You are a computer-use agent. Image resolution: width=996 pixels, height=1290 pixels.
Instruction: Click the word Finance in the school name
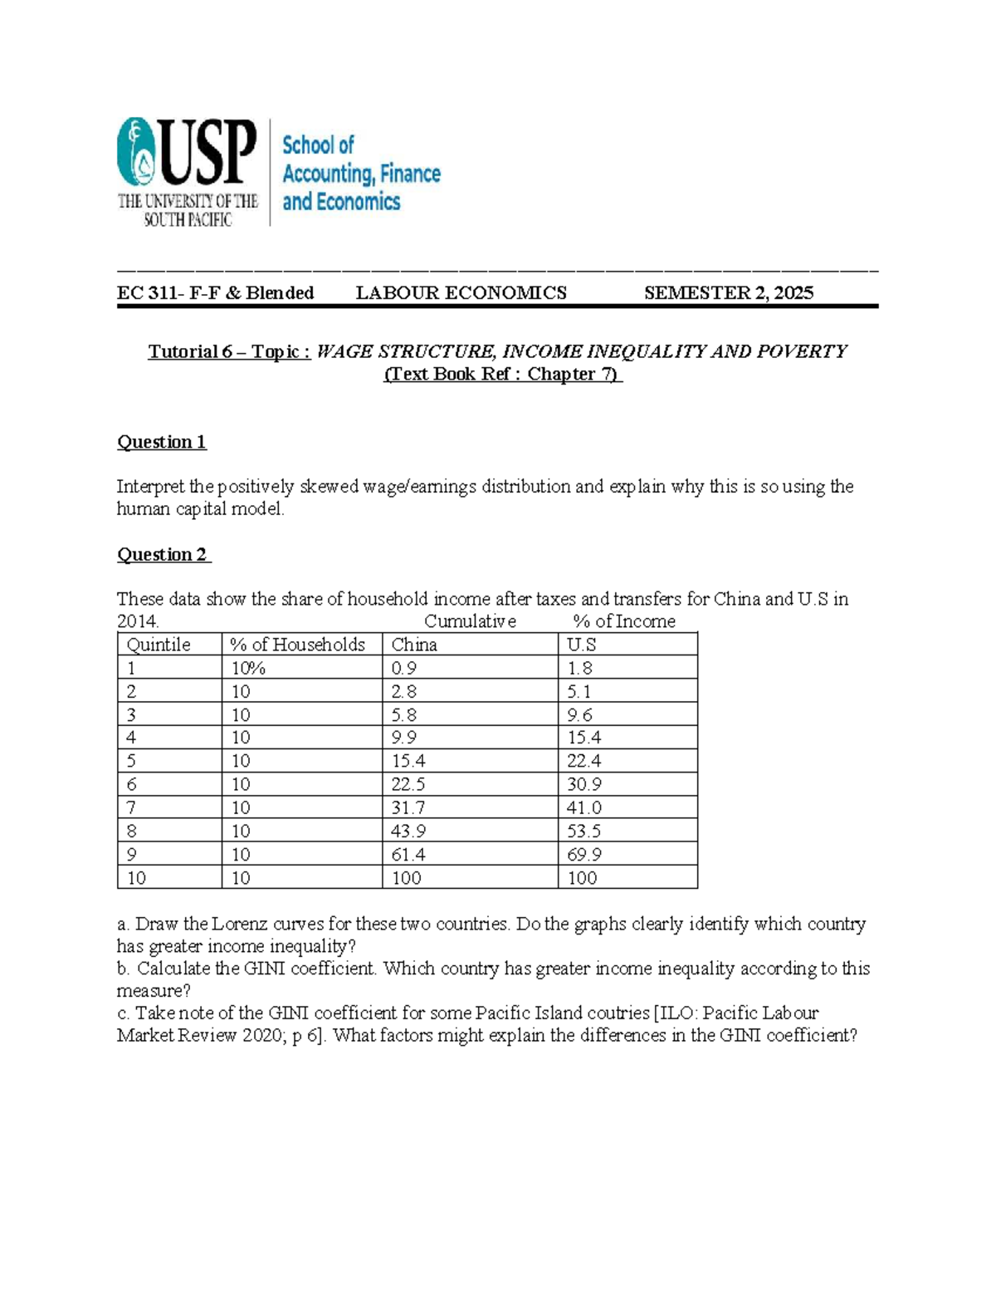click(410, 174)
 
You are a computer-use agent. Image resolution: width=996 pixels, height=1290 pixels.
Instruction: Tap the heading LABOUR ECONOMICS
click(461, 292)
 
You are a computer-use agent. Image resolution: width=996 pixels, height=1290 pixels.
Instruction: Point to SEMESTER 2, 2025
click(729, 292)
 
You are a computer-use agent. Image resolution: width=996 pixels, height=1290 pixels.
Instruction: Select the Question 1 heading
click(162, 442)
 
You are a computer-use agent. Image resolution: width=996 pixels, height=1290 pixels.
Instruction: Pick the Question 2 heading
click(163, 555)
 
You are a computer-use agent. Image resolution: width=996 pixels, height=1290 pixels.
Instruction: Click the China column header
click(414, 645)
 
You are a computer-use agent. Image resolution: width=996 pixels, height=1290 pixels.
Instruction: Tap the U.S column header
click(581, 645)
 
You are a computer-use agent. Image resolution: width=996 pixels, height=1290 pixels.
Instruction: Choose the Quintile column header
click(158, 645)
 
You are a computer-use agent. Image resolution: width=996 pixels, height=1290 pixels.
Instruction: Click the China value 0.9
click(404, 668)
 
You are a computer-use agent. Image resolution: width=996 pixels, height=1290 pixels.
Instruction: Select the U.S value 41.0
click(584, 807)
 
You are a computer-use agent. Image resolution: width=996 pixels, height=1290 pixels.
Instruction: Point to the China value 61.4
click(409, 854)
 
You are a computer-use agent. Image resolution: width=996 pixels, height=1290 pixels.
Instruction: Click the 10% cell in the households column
click(247, 668)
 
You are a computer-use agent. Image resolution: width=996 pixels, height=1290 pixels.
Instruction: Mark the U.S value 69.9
click(584, 854)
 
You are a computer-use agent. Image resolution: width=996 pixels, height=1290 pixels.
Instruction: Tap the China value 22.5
click(409, 784)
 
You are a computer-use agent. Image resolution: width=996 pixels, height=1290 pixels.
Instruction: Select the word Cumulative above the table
click(470, 621)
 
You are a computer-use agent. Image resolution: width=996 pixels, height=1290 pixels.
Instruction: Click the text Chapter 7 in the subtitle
click(572, 374)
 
